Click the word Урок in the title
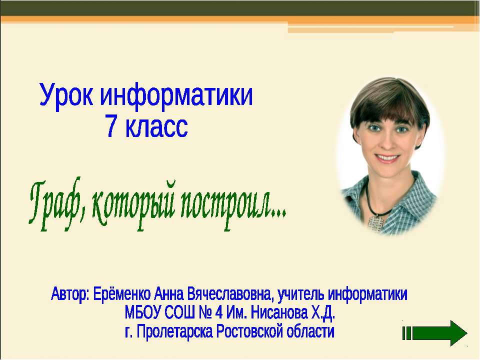pyautogui.click(x=66, y=95)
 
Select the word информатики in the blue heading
pyautogui.click(x=176, y=95)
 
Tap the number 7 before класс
pyautogui.click(x=111, y=126)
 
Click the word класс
pyautogui.click(x=156, y=126)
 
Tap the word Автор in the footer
pyautogui.click(x=69, y=294)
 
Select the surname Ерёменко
pyautogui.click(x=121, y=293)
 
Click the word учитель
pyautogui.click(x=301, y=294)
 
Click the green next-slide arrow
pyautogui.click(x=434, y=333)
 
